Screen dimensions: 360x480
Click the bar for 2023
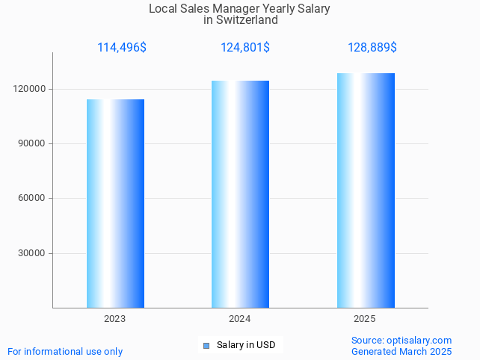point(115,203)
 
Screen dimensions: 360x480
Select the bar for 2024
point(240,194)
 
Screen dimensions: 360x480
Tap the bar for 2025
point(366,190)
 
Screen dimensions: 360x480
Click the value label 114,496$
point(122,48)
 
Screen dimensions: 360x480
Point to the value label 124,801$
point(245,48)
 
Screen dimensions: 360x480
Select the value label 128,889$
point(372,48)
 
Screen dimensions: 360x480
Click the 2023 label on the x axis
point(115,319)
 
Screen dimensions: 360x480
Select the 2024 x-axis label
point(240,319)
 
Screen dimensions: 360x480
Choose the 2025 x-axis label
point(365,319)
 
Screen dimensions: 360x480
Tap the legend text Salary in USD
point(246,345)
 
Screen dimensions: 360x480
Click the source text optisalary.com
point(419,341)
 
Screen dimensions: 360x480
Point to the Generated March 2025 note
point(401,351)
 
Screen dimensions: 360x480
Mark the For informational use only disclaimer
point(65,351)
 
